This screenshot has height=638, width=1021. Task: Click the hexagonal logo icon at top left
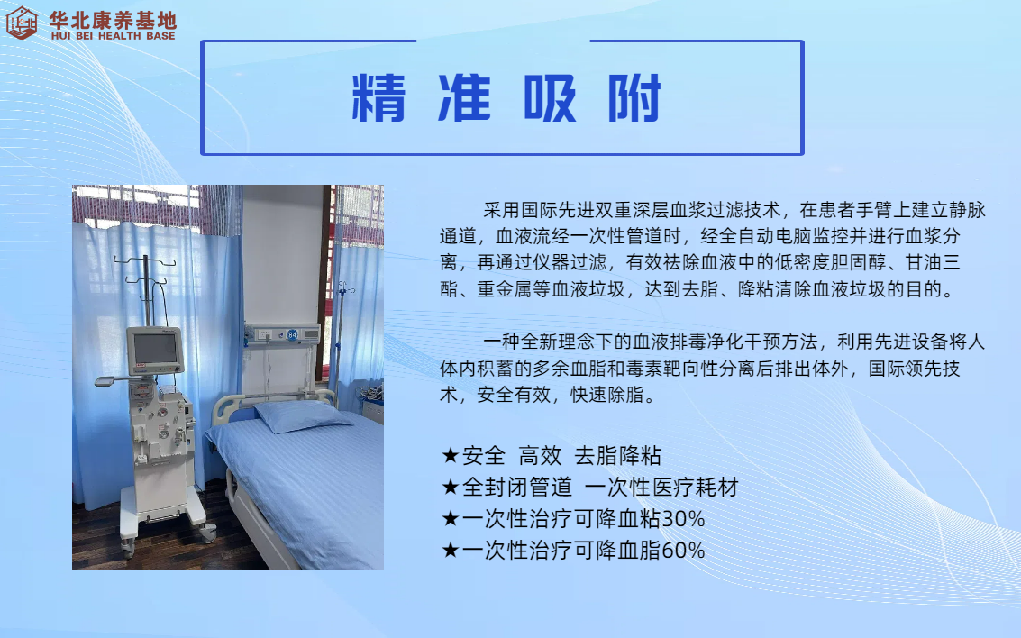pyautogui.click(x=22, y=23)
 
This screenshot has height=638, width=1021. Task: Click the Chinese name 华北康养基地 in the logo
pyautogui.click(x=113, y=20)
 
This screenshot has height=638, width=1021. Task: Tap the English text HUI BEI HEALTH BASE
pyautogui.click(x=113, y=36)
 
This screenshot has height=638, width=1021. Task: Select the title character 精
pyautogui.click(x=378, y=97)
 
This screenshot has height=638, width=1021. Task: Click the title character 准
pyautogui.click(x=463, y=97)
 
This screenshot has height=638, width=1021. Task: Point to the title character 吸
pyautogui.click(x=550, y=97)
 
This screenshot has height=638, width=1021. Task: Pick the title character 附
pyautogui.click(x=635, y=97)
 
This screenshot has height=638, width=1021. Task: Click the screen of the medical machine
pyautogui.click(x=154, y=350)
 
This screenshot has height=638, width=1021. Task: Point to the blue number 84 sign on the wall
pyautogui.click(x=292, y=335)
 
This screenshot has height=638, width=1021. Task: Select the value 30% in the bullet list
pyautogui.click(x=683, y=519)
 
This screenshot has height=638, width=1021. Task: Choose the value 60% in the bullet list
pyautogui.click(x=683, y=551)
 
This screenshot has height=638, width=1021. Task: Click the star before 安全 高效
pyautogui.click(x=450, y=455)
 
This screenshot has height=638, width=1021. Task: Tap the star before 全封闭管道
pyautogui.click(x=450, y=487)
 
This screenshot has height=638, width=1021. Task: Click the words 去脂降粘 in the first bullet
pyautogui.click(x=617, y=456)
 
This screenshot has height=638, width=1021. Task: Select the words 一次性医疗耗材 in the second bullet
pyautogui.click(x=661, y=487)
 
